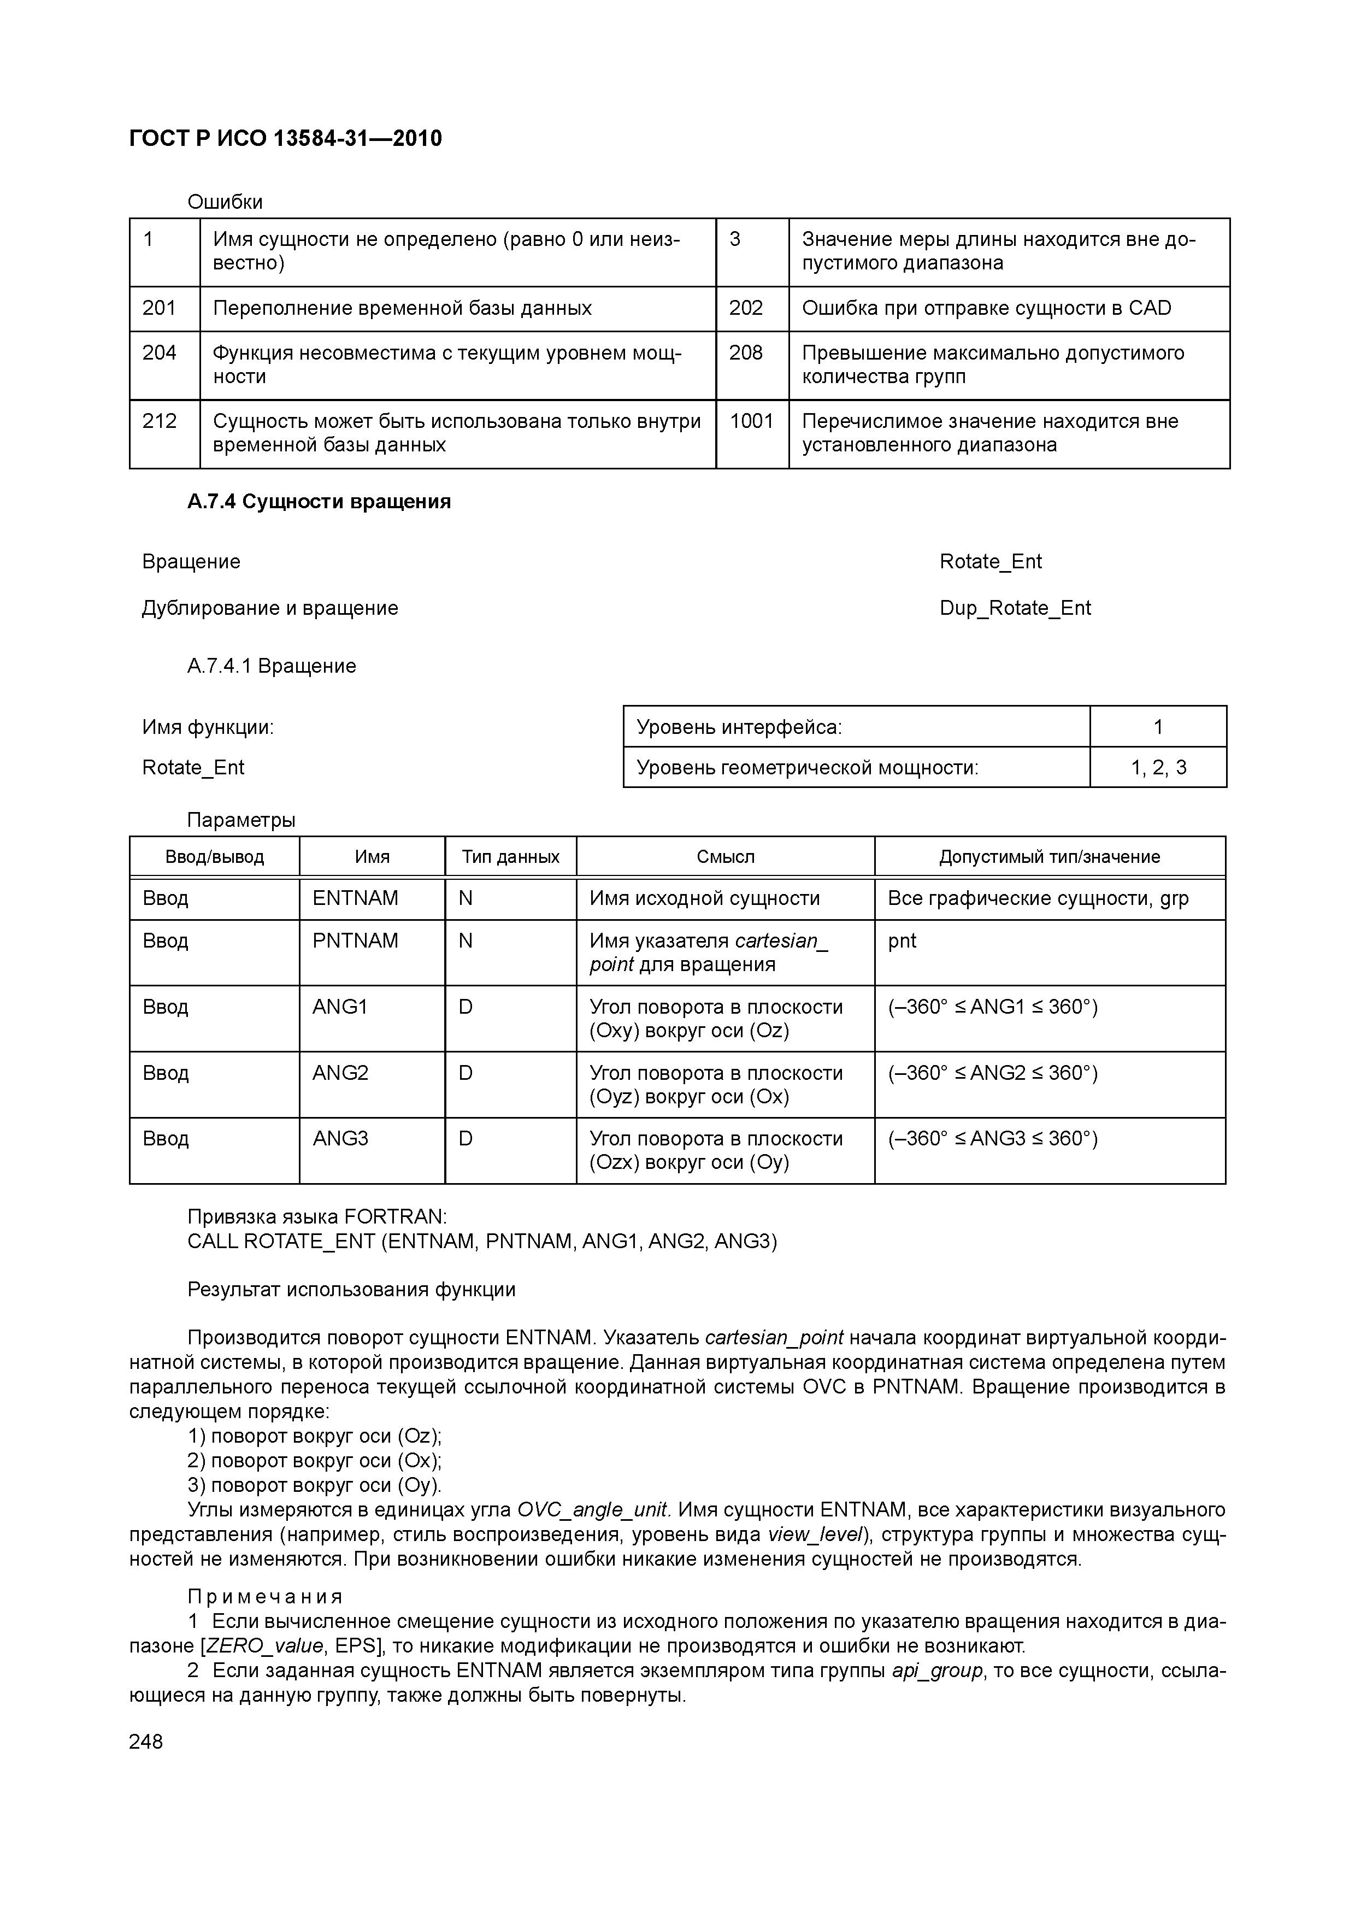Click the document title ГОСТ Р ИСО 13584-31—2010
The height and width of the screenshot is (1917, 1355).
(x=286, y=139)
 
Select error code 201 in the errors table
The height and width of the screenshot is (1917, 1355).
(x=160, y=308)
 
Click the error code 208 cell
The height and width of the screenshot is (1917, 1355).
(x=746, y=353)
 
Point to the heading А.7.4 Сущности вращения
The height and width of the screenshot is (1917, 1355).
(x=319, y=502)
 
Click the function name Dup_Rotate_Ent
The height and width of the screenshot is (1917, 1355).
(x=1015, y=608)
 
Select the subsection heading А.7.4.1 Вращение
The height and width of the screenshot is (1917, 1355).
(x=272, y=666)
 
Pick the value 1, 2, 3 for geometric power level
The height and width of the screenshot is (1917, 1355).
(x=1158, y=767)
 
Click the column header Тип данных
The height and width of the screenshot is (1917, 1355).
(x=510, y=857)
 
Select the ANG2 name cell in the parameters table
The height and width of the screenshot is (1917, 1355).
(x=340, y=1073)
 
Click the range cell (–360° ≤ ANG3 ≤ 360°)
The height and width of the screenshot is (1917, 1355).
(x=993, y=1139)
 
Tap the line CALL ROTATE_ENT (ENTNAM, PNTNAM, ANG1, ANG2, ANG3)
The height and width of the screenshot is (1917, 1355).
(x=482, y=1242)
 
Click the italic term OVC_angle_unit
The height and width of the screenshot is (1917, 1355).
(x=593, y=1509)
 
